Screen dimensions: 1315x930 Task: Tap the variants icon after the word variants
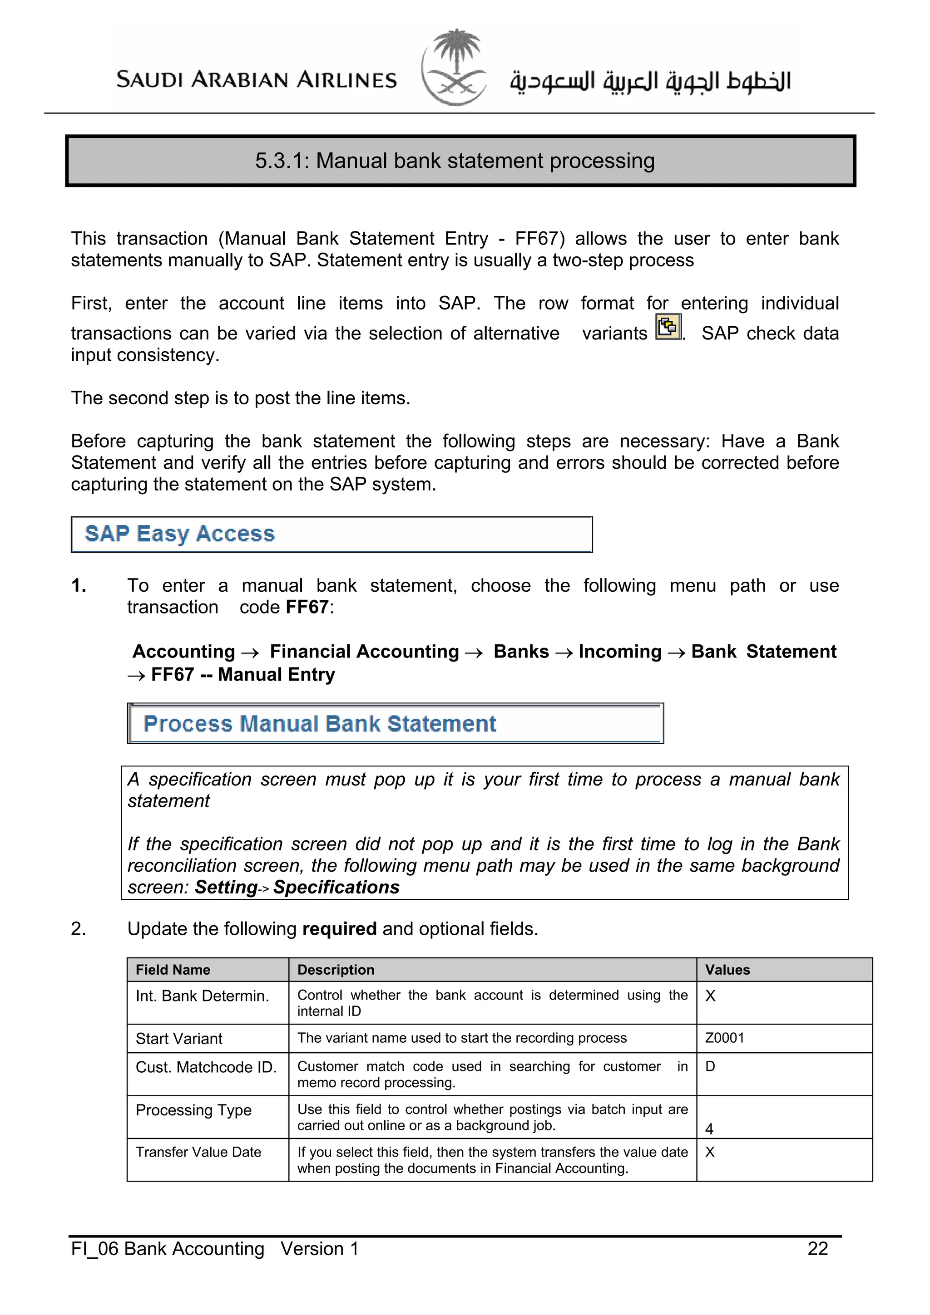click(668, 328)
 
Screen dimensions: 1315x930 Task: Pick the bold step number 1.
click(79, 586)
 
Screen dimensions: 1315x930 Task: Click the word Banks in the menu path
click(521, 652)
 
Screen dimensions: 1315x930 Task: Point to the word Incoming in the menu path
click(619, 652)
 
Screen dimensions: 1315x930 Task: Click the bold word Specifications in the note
click(336, 887)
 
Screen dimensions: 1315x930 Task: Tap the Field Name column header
click(173, 970)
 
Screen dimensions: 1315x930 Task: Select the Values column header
click(727, 970)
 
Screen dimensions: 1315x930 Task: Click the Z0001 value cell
click(724, 1038)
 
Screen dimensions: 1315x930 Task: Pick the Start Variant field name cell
click(179, 1038)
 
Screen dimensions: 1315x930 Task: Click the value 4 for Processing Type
click(709, 1129)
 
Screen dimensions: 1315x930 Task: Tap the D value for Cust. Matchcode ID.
click(710, 1066)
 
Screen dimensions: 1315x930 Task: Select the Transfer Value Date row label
click(198, 1152)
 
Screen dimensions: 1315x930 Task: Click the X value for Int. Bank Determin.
click(710, 996)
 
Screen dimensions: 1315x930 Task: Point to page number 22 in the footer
click(818, 1249)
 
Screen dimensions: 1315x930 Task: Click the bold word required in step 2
click(339, 928)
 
